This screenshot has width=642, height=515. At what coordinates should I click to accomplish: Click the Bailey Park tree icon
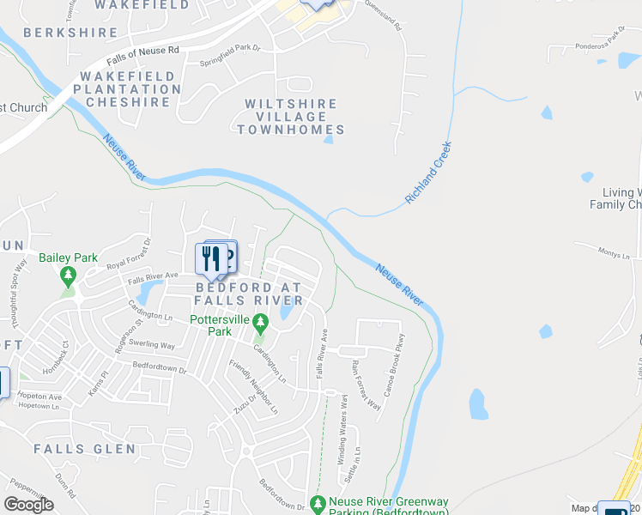click(x=69, y=276)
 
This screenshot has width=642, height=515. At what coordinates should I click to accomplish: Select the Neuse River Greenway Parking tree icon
click(x=319, y=503)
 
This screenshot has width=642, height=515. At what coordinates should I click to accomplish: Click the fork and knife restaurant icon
click(x=209, y=257)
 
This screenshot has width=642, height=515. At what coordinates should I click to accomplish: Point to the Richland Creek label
click(x=428, y=173)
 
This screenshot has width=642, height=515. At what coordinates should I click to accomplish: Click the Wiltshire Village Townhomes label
click(x=290, y=117)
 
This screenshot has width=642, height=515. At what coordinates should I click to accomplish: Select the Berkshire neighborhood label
click(x=70, y=33)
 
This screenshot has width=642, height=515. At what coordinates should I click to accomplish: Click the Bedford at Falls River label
click(x=249, y=294)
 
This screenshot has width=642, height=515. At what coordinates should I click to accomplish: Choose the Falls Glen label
click(x=84, y=449)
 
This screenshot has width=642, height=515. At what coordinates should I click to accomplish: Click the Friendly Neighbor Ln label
click(x=253, y=387)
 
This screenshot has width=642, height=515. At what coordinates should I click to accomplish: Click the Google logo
click(x=28, y=505)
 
